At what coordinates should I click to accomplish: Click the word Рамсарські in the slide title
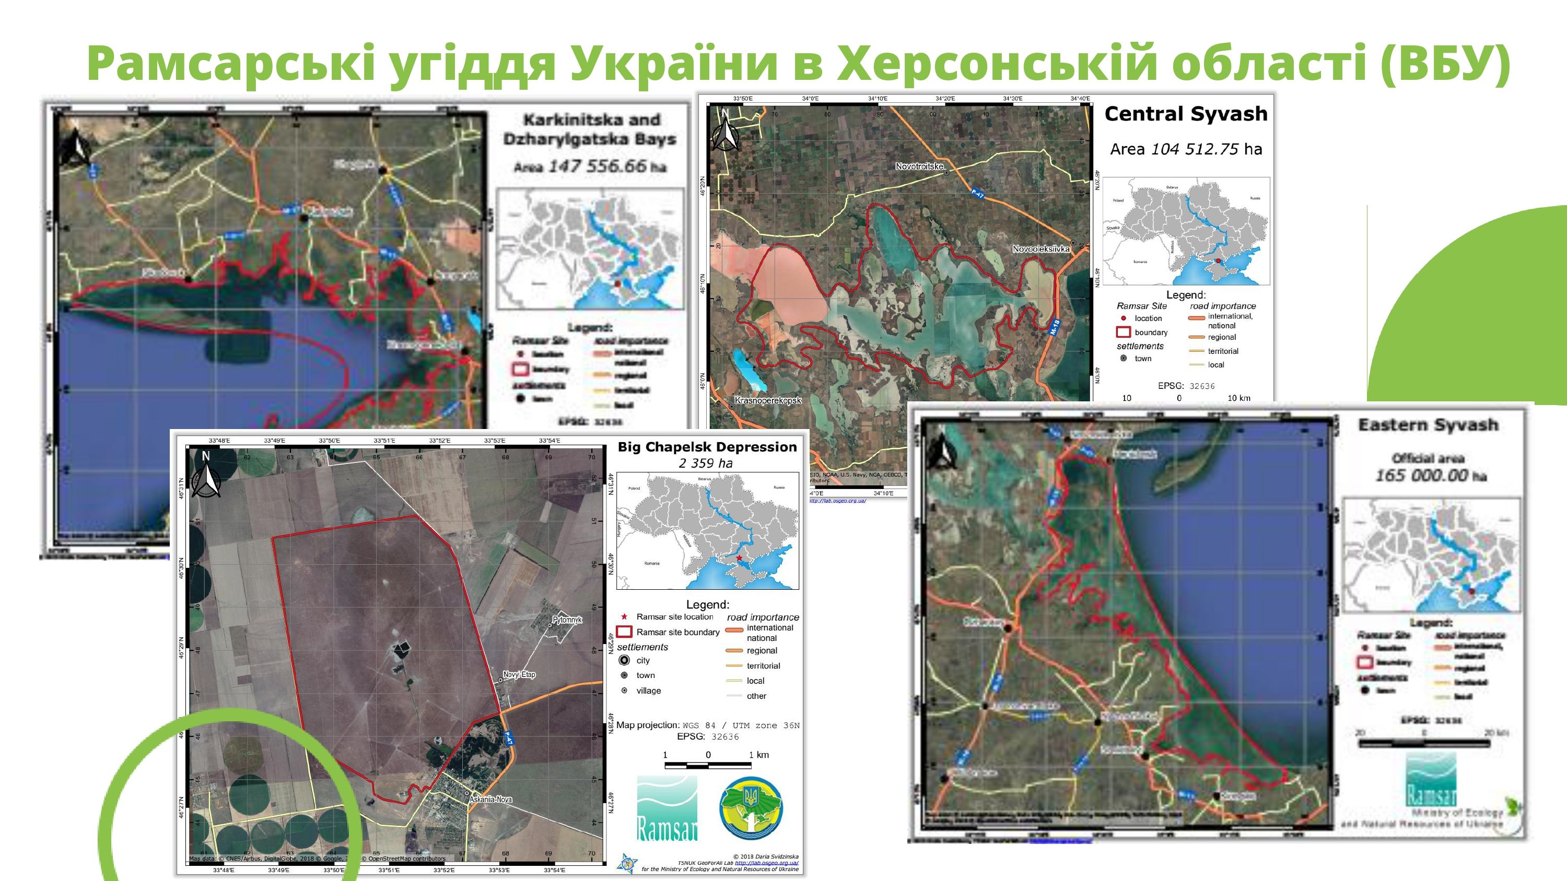pyautogui.click(x=232, y=64)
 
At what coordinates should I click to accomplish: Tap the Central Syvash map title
pyautogui.click(x=1186, y=114)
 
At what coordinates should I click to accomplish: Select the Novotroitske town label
pyautogui.click(x=919, y=166)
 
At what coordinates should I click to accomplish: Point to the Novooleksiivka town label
pyautogui.click(x=1041, y=248)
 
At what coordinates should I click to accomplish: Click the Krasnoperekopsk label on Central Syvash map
pyautogui.click(x=768, y=401)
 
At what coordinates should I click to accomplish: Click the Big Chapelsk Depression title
pyautogui.click(x=707, y=447)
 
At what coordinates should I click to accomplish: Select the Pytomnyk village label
pyautogui.click(x=567, y=620)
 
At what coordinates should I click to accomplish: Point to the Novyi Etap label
pyautogui.click(x=519, y=674)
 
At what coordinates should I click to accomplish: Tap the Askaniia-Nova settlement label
pyautogui.click(x=490, y=800)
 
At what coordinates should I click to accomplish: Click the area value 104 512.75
pyautogui.click(x=1194, y=149)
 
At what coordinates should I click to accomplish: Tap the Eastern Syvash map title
pyautogui.click(x=1428, y=425)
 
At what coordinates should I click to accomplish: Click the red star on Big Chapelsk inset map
pyautogui.click(x=739, y=558)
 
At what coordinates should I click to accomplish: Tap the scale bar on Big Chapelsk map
pyautogui.click(x=707, y=763)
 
